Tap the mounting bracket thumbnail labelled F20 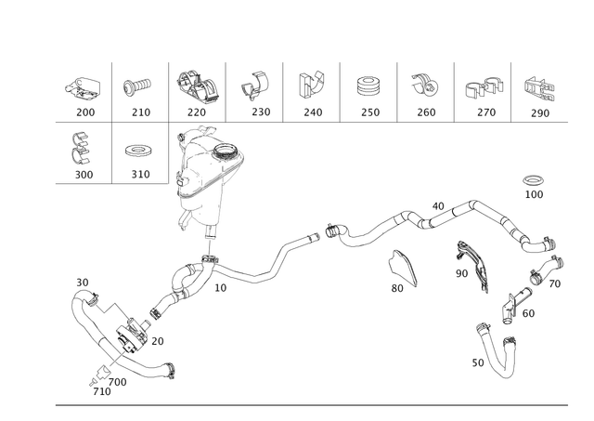tap(196, 86)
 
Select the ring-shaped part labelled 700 tap(534, 180)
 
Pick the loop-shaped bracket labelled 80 tap(402, 268)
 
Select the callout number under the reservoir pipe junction tap(220, 289)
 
